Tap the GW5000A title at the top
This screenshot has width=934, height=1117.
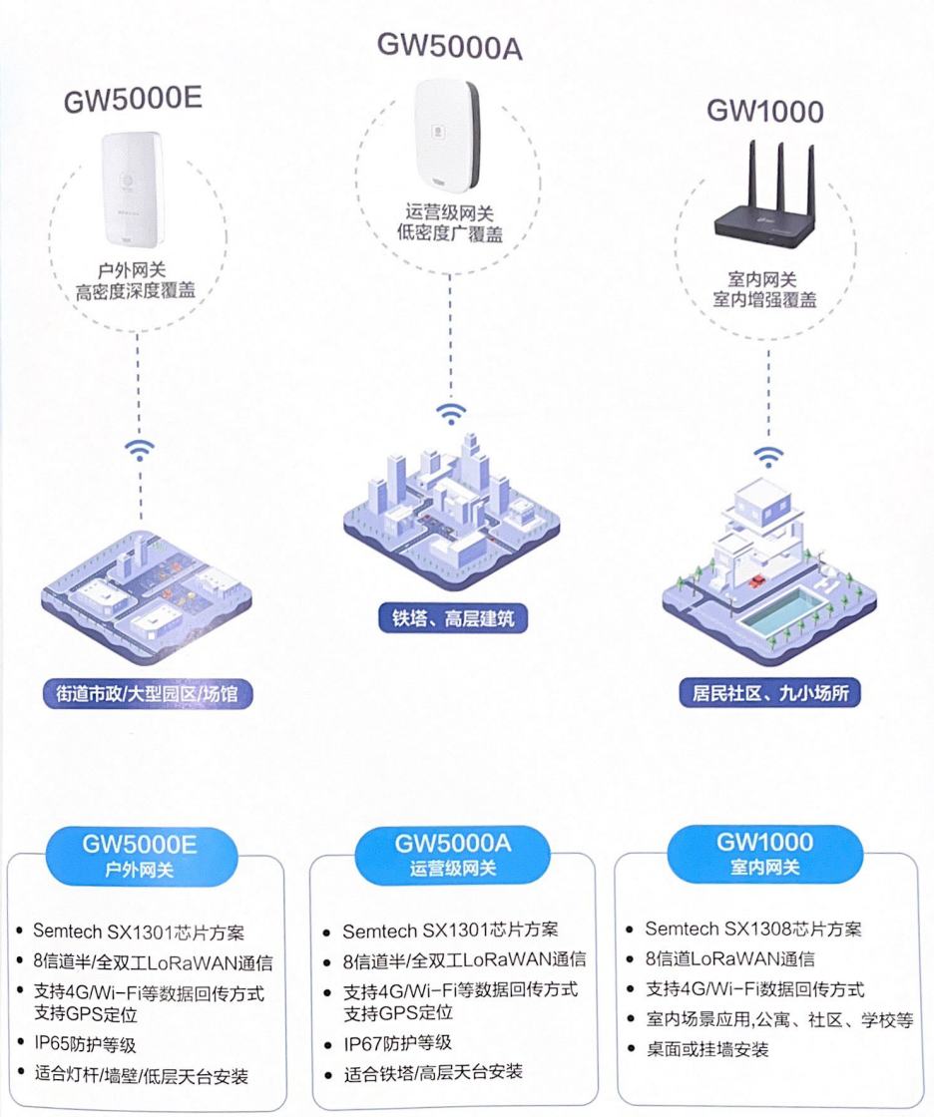(x=449, y=46)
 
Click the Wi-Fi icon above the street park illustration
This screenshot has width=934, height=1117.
(x=140, y=449)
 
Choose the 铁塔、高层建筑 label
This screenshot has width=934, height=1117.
(x=452, y=618)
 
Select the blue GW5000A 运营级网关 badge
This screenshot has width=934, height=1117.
(x=452, y=855)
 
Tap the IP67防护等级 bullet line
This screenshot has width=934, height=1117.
(x=397, y=1043)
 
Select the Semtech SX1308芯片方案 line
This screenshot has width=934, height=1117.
(x=752, y=929)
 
